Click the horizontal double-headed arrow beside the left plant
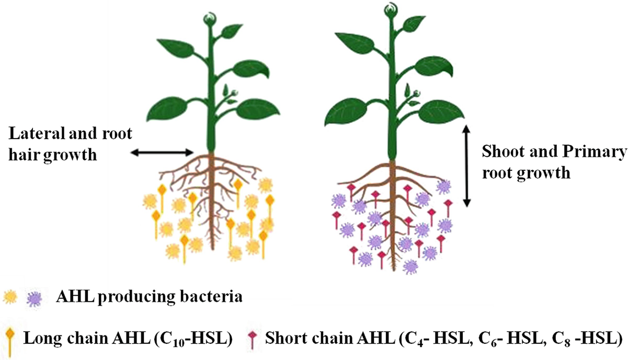162,153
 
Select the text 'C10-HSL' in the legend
201,335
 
